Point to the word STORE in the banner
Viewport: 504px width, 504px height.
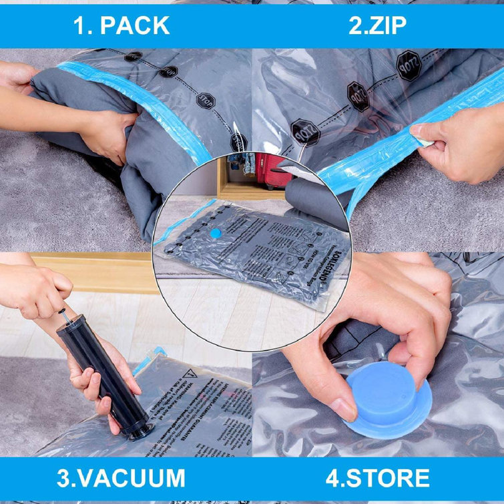tap(388, 478)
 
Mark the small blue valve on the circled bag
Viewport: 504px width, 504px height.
tap(216, 233)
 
